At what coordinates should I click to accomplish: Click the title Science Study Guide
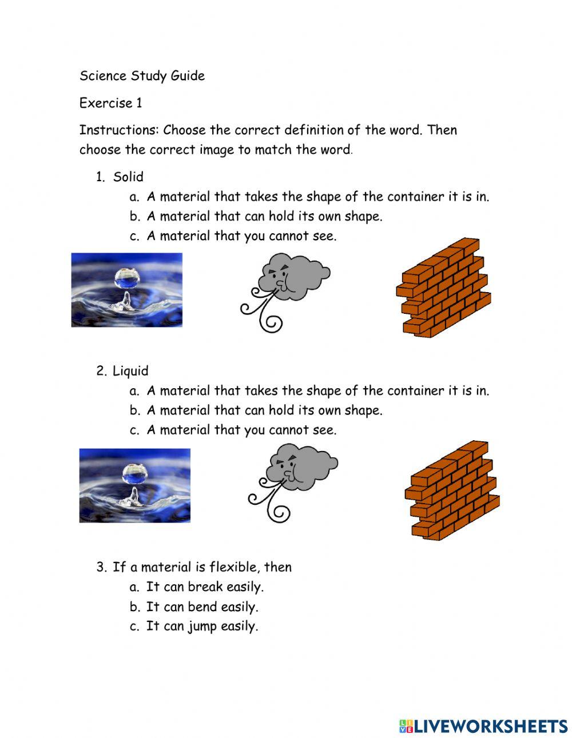click(x=142, y=76)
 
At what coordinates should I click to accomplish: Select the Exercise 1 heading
click(x=110, y=103)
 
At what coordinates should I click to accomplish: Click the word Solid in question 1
click(x=128, y=177)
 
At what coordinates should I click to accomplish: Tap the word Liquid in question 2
click(x=130, y=372)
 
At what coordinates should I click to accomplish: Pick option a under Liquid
click(x=317, y=391)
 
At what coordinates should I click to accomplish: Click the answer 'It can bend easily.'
click(x=202, y=607)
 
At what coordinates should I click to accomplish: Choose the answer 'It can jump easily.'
click(x=202, y=627)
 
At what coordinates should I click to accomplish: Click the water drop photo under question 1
click(x=126, y=290)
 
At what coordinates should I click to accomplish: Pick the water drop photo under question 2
click(x=134, y=485)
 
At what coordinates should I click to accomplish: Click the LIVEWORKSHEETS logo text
click(x=483, y=726)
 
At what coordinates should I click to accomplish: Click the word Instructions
click(x=119, y=130)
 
